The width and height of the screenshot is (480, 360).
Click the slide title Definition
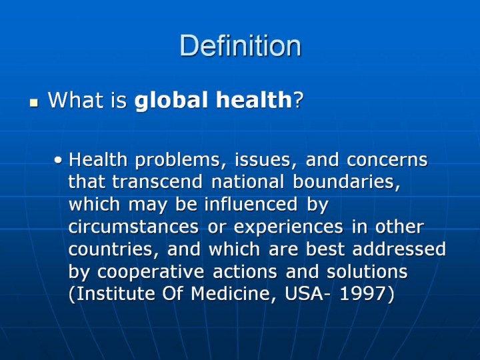tap(240, 45)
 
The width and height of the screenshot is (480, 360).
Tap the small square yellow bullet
tap(34, 103)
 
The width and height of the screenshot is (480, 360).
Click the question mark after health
tap(299, 100)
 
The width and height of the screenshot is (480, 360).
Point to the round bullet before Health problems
tap(58, 160)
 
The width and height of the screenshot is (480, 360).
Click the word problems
tap(177, 161)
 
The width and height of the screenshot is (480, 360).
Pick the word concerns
tap(387, 160)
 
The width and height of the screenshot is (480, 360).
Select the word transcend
tap(157, 181)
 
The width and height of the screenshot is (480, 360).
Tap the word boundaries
tap(346, 182)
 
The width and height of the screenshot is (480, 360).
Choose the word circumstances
tap(133, 227)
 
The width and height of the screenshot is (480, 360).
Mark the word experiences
tap(289, 227)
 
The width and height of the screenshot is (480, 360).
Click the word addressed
tap(399, 249)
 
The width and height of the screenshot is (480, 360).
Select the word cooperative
tap(151, 272)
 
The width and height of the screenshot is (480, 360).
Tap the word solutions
tap(367, 271)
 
